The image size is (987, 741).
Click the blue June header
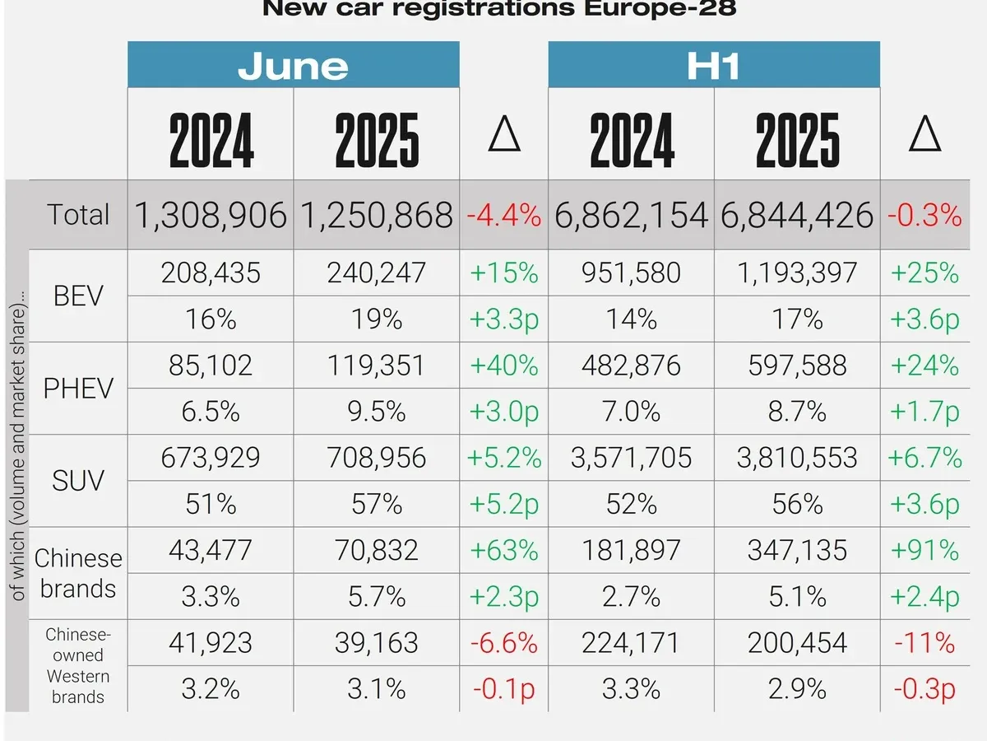point(293,65)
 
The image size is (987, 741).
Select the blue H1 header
point(714,65)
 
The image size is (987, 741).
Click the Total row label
point(78,215)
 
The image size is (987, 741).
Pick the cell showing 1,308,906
point(211,215)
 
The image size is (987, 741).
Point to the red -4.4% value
point(504,216)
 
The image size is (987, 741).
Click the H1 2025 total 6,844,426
point(797,215)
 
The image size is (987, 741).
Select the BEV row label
point(78,295)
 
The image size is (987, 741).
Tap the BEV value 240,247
point(377,273)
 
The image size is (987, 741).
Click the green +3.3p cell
point(504,319)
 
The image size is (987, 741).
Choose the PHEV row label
point(78,387)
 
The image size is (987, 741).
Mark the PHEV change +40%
point(504,365)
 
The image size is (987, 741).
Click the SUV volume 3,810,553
point(797,457)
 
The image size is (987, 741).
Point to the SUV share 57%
point(377,503)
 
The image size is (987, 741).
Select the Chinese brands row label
point(78,573)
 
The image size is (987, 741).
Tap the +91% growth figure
point(924,549)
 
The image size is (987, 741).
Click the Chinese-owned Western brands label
point(78,665)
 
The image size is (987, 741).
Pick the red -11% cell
point(924,642)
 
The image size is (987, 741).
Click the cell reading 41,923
point(211,642)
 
